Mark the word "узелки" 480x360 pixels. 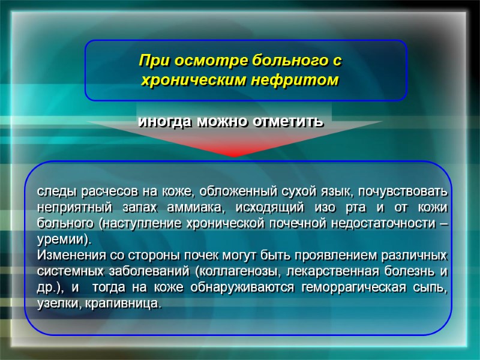[55, 304]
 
